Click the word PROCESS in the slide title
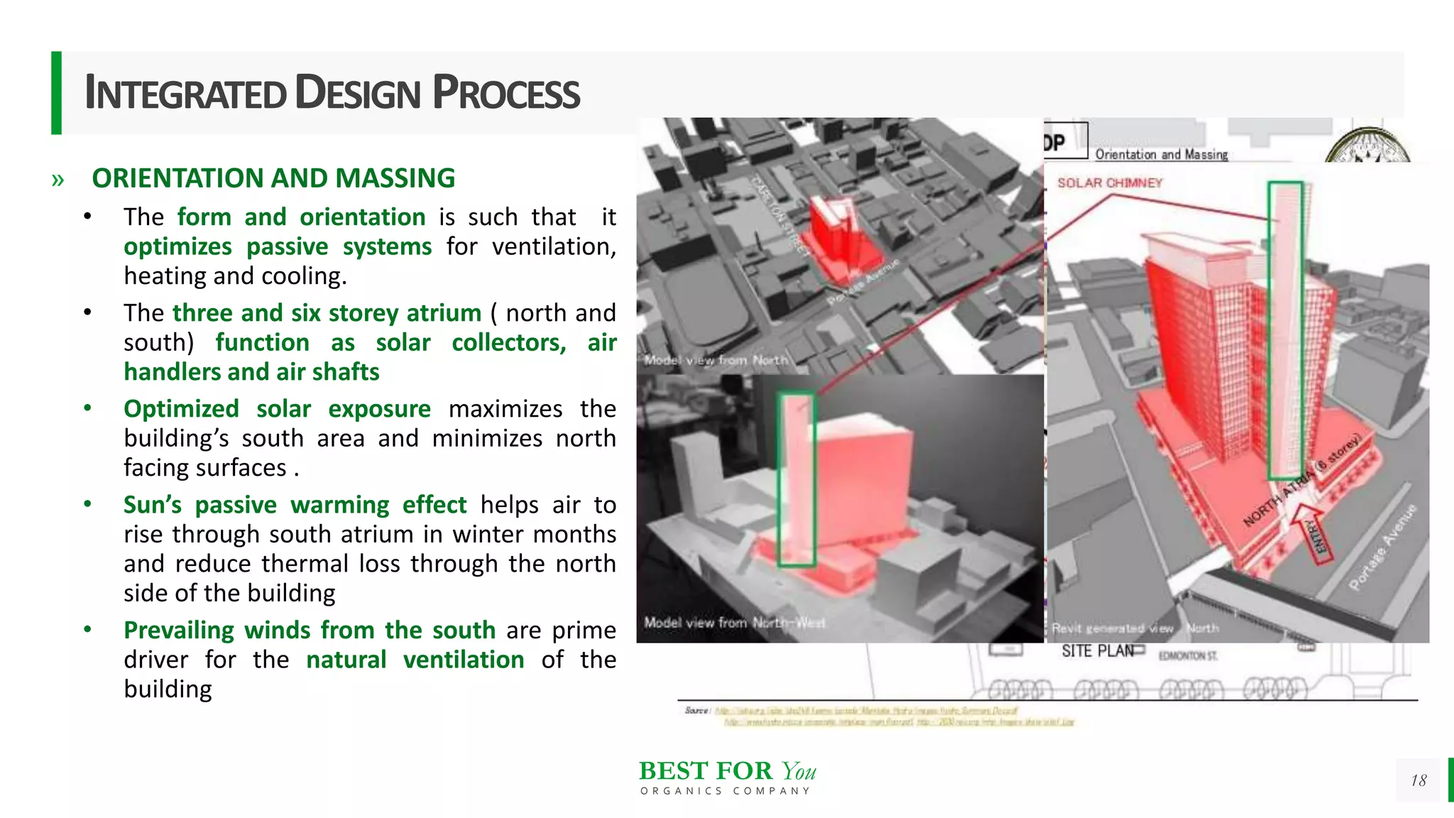coord(506,93)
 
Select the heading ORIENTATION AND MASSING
coord(273,178)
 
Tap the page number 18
coord(1419,780)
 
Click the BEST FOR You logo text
coord(727,771)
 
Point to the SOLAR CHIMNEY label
coord(1110,183)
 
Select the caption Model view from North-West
coord(734,623)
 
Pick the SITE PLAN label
coord(1097,651)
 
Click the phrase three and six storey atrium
coord(327,313)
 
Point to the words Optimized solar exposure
coord(277,409)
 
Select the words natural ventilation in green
coord(415,660)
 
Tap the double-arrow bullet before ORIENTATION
coord(58,180)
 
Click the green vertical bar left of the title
coord(56,92)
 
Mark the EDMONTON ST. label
coord(1188,656)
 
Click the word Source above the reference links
coord(696,710)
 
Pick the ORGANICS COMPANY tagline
coord(725,791)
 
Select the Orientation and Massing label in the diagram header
coord(1161,154)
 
